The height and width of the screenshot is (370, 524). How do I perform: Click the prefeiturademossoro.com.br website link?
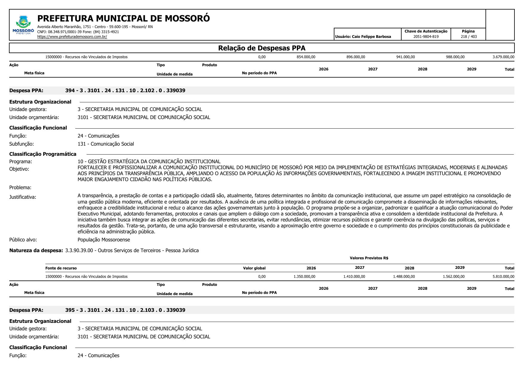coord(72,37)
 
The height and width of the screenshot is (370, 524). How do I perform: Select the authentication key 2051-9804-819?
coord(426,37)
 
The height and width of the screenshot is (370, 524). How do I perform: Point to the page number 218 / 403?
coord(468,37)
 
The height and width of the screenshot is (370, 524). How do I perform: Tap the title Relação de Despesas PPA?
coord(262,48)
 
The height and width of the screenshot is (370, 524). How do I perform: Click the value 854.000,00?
coord(306,57)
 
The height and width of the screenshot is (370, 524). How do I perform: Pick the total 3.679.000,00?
coord(503,57)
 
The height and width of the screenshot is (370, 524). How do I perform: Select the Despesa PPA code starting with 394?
coord(125,90)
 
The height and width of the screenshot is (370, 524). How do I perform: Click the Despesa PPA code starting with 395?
coord(125,310)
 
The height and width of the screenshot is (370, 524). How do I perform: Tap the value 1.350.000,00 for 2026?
coord(304,277)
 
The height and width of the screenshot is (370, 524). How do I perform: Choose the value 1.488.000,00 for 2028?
coord(404,277)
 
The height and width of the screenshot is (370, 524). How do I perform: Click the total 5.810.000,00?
coord(503,277)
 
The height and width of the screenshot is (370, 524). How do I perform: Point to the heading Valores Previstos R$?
coord(369,258)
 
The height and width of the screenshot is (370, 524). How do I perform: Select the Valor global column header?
coord(254,268)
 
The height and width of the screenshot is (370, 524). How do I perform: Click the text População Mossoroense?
coord(104,240)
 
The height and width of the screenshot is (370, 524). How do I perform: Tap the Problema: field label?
coord(20,187)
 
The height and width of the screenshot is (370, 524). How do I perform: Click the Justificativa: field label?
coord(23,197)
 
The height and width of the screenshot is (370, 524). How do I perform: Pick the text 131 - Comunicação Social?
coord(106,144)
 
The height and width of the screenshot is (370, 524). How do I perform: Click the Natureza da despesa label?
coord(36,250)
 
